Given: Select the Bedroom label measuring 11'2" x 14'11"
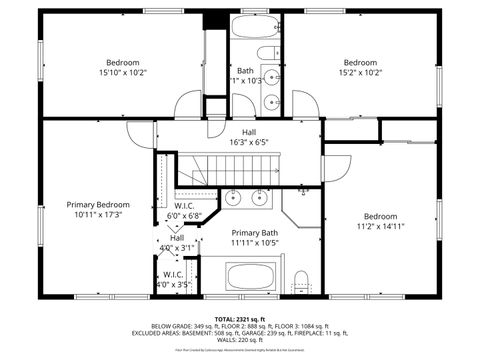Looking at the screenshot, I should coord(380,222).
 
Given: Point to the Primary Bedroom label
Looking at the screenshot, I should coord(98,209).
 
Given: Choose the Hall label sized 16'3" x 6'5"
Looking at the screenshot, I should coord(248,137).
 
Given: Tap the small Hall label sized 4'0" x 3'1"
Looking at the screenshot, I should coord(176,242).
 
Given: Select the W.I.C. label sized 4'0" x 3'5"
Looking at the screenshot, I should coord(173,279).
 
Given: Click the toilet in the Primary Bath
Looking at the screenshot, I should coord(301,280).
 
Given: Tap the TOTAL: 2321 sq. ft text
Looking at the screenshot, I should coord(240,317).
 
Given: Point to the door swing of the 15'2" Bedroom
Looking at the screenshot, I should coord(304,104).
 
